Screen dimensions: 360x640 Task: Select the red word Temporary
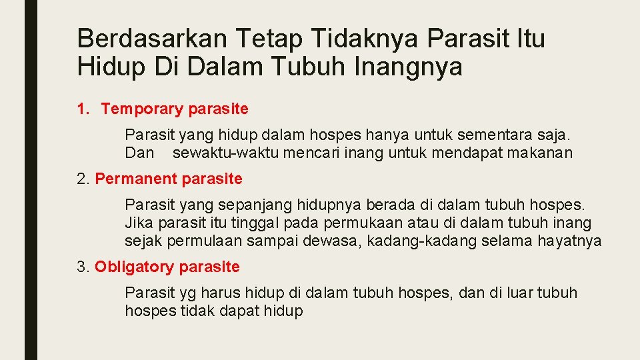(x=142, y=109)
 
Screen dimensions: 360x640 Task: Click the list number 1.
(x=82, y=109)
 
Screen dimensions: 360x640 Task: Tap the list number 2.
(x=82, y=179)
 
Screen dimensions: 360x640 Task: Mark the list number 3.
(x=82, y=267)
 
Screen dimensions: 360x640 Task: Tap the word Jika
(x=138, y=223)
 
